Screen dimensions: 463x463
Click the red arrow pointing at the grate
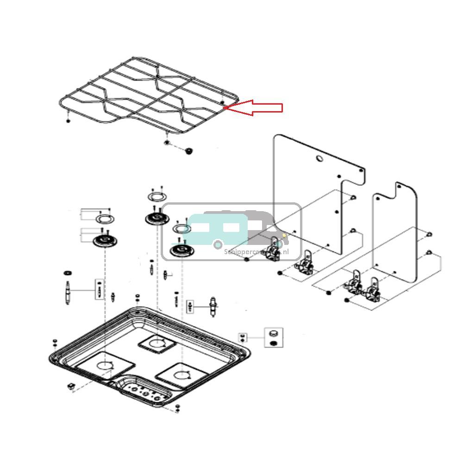(x=255, y=108)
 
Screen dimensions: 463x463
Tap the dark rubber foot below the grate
(x=188, y=151)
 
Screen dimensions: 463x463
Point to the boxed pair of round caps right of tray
(x=273, y=338)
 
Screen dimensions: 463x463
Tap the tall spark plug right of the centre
(x=213, y=307)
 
